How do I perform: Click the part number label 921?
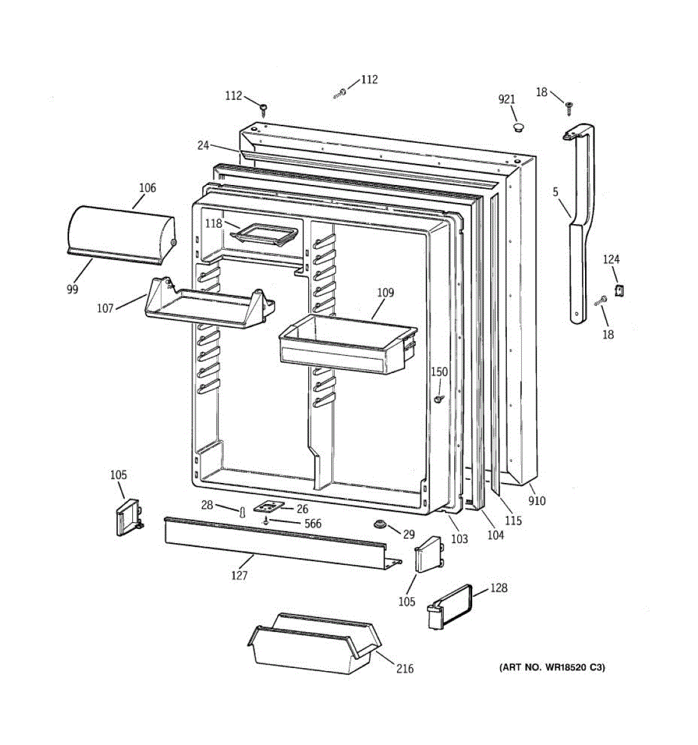507,99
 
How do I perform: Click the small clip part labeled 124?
619,289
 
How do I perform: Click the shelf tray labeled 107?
205,307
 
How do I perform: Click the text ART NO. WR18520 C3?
552,667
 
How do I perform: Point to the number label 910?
537,500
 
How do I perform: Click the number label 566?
313,524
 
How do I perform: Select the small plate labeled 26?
269,507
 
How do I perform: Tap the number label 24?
204,146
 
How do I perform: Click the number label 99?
73,289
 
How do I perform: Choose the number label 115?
513,521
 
